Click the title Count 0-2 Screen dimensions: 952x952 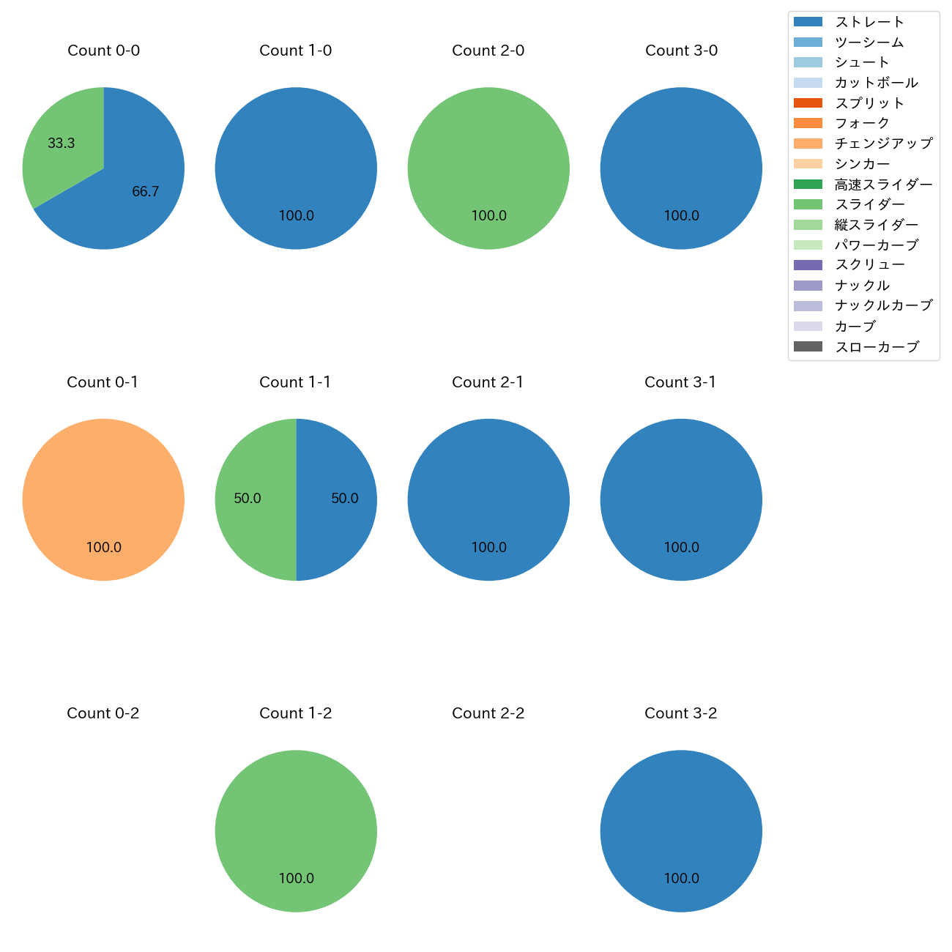(103, 713)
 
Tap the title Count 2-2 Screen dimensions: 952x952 (488, 713)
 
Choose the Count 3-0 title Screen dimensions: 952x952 (681, 51)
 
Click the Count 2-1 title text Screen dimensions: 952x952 (488, 382)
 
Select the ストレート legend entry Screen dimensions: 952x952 (869, 22)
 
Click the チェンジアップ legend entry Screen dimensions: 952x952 (883, 144)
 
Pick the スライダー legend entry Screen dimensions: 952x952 (869, 204)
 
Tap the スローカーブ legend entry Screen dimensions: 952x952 (877, 347)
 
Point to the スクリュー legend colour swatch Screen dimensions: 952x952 (808, 265)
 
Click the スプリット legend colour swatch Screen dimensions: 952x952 (808, 103)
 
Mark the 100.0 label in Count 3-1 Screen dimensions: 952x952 (681, 547)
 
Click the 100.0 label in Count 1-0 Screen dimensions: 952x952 (296, 216)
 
